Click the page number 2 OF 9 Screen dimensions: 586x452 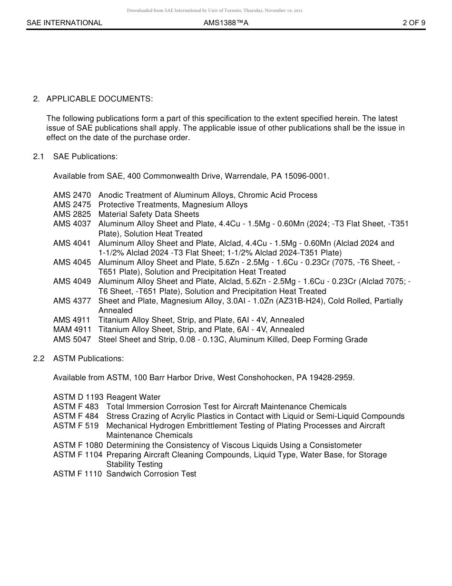pos(413,22)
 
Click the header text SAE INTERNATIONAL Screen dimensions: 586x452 pos(64,22)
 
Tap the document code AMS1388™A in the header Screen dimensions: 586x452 pos(226,22)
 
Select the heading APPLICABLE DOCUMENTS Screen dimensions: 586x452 pos(99,99)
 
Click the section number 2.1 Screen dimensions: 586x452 pos(39,156)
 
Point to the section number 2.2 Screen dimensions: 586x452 pos(39,358)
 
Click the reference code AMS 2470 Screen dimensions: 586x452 pos(72,195)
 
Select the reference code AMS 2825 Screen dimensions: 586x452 pos(72,214)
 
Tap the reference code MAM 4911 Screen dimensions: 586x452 pos(72,329)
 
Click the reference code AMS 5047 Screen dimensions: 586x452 pos(72,339)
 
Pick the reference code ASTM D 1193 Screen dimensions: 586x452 pos(78,397)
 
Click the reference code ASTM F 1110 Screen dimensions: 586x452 pos(78,474)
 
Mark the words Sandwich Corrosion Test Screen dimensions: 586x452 pos(151,474)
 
